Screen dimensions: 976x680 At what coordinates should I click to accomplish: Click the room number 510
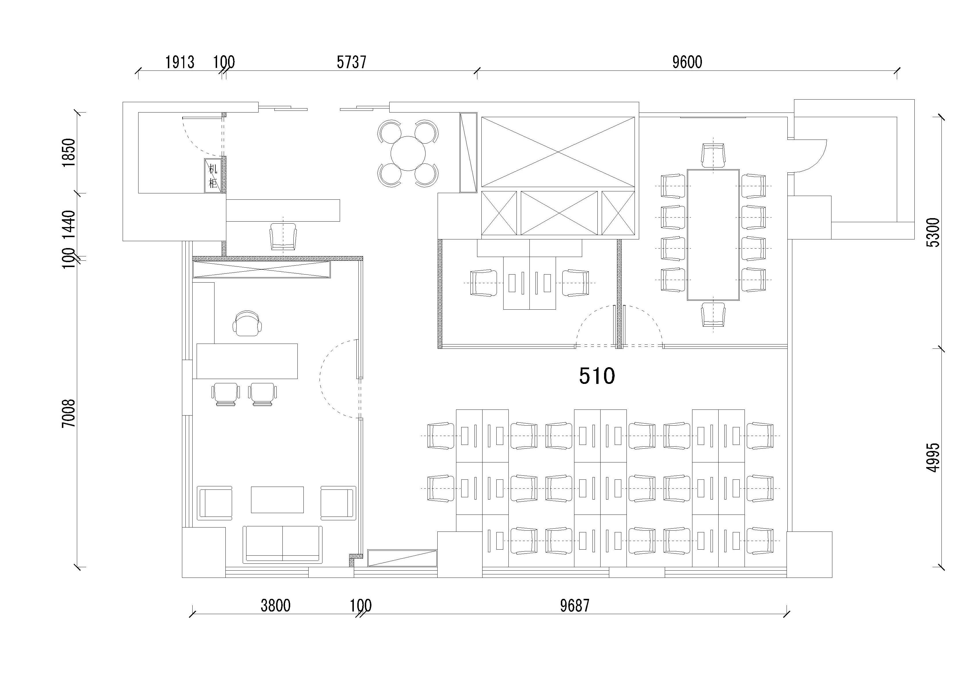597,376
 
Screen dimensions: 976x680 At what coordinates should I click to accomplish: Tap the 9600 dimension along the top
687,62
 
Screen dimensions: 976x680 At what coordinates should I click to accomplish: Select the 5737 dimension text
351,62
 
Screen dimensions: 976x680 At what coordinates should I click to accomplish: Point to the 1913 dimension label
180,62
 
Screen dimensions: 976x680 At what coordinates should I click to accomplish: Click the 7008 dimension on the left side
69,413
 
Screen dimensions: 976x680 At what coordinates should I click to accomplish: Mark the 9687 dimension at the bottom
575,606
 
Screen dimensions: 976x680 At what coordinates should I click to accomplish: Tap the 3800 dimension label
276,606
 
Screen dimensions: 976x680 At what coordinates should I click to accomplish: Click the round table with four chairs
408,153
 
